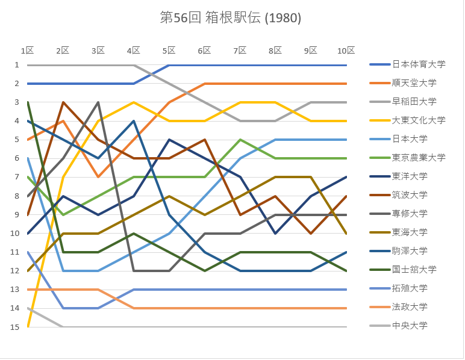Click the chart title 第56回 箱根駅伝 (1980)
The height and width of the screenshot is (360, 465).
click(231, 17)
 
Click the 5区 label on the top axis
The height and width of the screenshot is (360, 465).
click(169, 51)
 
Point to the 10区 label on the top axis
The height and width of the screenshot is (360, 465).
click(346, 51)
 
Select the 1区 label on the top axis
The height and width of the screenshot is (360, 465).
click(28, 51)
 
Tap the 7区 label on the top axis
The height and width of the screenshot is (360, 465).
click(240, 51)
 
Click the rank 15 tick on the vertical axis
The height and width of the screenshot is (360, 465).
click(16, 326)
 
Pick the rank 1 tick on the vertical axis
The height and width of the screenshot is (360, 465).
click(16, 65)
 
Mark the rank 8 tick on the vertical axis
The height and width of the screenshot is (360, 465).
click(16, 196)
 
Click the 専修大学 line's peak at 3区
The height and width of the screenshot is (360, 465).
click(98, 102)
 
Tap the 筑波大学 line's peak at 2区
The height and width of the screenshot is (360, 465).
click(63, 102)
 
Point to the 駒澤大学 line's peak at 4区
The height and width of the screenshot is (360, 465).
click(134, 121)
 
